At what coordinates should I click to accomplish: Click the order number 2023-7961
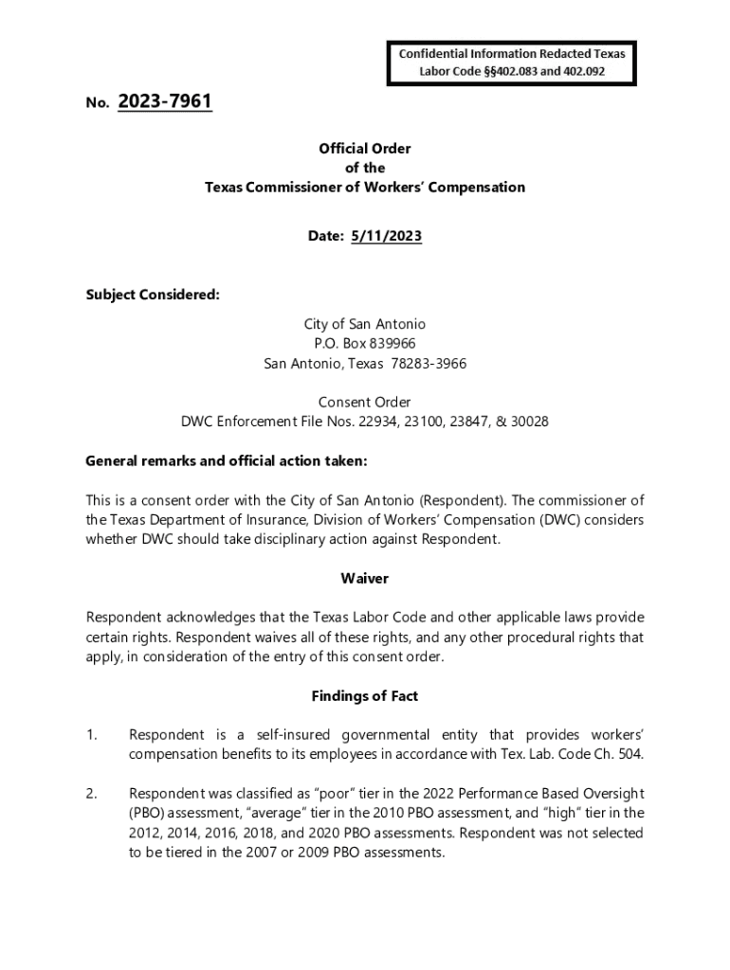[165, 101]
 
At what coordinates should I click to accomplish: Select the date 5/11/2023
[386, 237]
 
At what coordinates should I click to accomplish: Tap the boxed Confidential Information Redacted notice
[512, 62]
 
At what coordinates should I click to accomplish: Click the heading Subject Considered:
[153, 295]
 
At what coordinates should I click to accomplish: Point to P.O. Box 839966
[365, 343]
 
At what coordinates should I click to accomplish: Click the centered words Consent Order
[365, 402]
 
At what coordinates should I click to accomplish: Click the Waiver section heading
[365, 578]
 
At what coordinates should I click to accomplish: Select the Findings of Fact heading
[365, 696]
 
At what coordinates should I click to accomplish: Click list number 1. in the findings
[92, 734]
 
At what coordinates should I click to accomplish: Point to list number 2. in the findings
[92, 792]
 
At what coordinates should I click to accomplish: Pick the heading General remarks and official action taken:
[226, 461]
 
